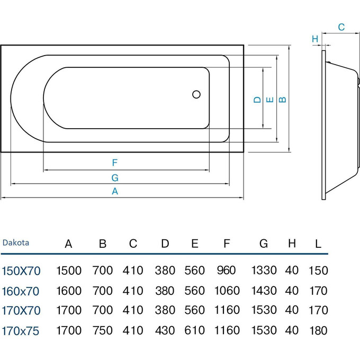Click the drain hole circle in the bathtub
pyautogui.click(x=196, y=95)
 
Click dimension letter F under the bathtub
pyautogui.click(x=114, y=163)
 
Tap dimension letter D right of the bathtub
pyautogui.click(x=257, y=99)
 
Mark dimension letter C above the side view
pyautogui.click(x=341, y=26)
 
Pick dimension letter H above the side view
pyautogui.click(x=314, y=39)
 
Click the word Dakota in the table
pyautogui.click(x=16, y=243)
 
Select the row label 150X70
pyautogui.click(x=22, y=271)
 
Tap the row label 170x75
pyautogui.click(x=22, y=331)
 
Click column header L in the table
pyautogui.click(x=318, y=244)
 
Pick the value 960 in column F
pyautogui.click(x=226, y=271)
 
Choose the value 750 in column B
pyautogui.click(x=103, y=331)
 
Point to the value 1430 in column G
pyautogui.click(x=264, y=291)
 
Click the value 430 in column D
pyautogui.click(x=165, y=331)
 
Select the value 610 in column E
pyautogui.click(x=195, y=331)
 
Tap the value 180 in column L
pyautogui.click(x=318, y=331)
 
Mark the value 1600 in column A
pyautogui.click(x=69, y=291)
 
